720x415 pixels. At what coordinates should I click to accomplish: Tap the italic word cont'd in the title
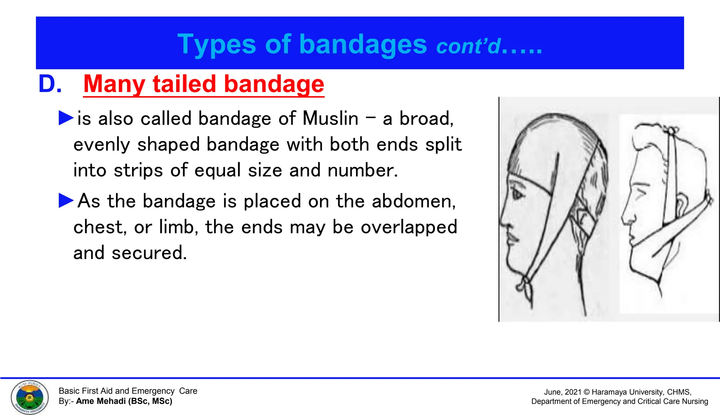tap(468, 46)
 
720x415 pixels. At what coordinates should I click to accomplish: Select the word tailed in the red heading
tap(184, 84)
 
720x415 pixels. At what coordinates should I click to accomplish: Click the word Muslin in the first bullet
tap(330, 118)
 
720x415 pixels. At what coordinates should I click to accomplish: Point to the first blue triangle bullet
tap(66, 118)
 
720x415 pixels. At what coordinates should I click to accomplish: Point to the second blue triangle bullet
tap(66, 200)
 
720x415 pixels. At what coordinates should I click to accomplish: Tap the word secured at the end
tap(149, 253)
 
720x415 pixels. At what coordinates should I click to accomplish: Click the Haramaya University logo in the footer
tap(30, 397)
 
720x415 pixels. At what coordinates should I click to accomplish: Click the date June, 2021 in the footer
tap(562, 392)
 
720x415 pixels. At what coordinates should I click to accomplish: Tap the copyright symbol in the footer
tap(586, 392)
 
